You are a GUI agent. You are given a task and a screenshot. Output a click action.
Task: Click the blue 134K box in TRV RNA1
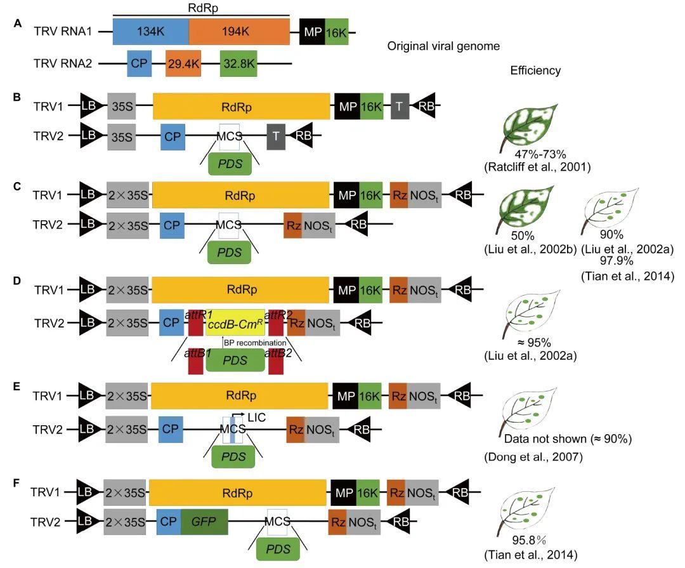point(151,32)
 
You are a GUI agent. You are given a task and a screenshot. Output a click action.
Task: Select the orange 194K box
point(239,32)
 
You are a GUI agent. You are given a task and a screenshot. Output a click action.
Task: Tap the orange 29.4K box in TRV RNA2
point(183,64)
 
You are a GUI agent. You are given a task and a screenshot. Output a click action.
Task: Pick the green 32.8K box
point(238,64)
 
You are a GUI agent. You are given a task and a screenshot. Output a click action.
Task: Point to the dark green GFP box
point(204,522)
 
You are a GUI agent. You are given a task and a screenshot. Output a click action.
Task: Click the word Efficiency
point(535,70)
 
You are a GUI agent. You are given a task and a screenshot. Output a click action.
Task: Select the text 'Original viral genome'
point(443,46)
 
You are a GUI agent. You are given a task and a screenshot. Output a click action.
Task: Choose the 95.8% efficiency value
point(530,541)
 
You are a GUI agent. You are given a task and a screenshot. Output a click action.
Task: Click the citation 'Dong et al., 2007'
point(533,458)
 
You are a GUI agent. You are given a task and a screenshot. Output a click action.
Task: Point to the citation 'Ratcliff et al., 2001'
point(537,167)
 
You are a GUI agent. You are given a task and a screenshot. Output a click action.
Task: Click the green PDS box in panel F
point(278,549)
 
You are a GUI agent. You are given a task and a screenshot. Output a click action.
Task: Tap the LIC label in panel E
point(256,418)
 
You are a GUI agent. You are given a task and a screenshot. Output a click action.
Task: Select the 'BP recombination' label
point(255,343)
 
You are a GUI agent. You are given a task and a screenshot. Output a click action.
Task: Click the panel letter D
point(17,281)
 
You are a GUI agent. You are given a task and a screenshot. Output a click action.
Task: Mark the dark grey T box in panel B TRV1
point(400,106)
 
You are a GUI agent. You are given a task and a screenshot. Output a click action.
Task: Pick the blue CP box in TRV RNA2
point(140,64)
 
